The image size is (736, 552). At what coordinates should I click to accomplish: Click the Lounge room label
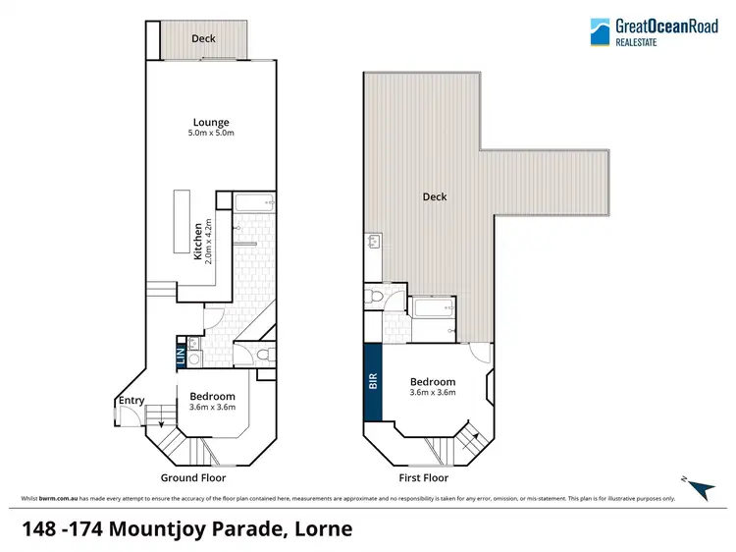[x=211, y=123]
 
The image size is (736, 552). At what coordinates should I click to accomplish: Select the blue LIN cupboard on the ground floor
[x=180, y=356]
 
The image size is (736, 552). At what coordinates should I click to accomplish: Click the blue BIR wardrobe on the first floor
[x=373, y=381]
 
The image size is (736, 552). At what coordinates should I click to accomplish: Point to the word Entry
[x=131, y=401]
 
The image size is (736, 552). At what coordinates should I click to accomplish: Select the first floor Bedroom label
[x=432, y=382]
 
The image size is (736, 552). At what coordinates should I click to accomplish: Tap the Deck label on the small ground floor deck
[x=203, y=39]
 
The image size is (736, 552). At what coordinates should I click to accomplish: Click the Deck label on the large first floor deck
[x=435, y=196]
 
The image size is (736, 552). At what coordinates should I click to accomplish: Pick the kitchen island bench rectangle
[x=183, y=222]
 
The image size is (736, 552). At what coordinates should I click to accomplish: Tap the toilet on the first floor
[x=371, y=297]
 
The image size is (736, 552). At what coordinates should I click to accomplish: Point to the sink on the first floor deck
[x=372, y=242]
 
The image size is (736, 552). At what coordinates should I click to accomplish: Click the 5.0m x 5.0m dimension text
[x=211, y=134]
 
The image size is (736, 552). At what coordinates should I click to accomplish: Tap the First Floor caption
[x=424, y=478]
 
